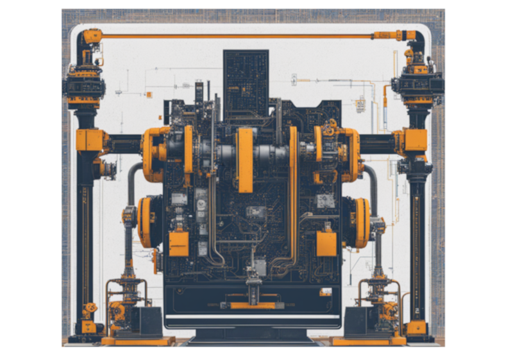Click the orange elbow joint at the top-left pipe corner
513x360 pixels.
point(92,36)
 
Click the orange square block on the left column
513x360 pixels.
point(89,140)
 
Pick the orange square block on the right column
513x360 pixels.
point(414,140)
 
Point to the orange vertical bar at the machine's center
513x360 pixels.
point(245,160)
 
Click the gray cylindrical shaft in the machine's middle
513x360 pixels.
point(269,154)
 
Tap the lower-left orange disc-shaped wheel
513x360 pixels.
point(147,222)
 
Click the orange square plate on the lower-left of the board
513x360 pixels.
point(179,244)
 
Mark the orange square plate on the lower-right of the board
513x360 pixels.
point(326,244)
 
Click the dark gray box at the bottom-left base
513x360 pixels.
point(146,321)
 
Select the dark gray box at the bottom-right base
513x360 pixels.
point(359,321)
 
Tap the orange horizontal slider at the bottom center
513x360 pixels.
point(252,305)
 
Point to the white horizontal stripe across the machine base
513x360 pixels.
point(252,316)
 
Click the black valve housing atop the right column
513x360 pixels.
point(417,83)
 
